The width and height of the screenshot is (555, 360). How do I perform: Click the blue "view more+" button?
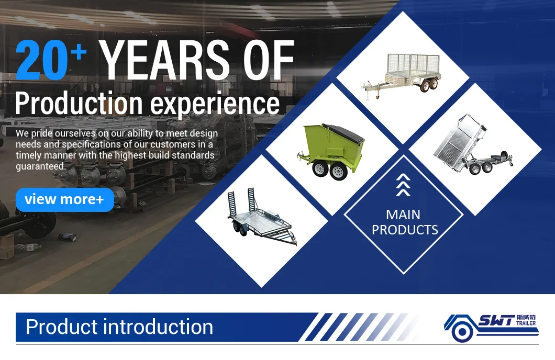(64, 199)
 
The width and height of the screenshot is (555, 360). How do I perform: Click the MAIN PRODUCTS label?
(404, 222)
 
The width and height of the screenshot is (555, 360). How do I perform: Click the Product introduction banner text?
(119, 327)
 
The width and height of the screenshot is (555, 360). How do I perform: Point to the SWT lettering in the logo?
(495, 320)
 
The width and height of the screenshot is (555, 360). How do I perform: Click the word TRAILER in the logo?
(526, 324)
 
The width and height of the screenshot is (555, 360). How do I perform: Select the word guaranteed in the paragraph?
(40, 166)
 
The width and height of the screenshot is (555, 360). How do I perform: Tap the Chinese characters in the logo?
(526, 317)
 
